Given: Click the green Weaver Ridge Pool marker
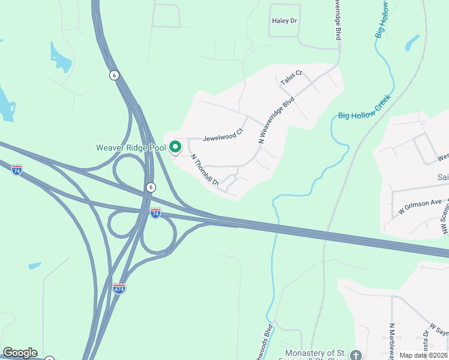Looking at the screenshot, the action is [x=175, y=146].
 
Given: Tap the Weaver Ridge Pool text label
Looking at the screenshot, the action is [x=131, y=148].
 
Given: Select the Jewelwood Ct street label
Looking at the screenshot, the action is [x=223, y=137].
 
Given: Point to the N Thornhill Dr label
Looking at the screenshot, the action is [x=205, y=170].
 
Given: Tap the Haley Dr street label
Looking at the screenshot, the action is [x=285, y=21].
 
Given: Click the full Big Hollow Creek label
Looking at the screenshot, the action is [x=364, y=106].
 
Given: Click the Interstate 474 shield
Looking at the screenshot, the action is [x=119, y=288].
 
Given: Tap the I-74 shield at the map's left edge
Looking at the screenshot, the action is [x=17, y=170].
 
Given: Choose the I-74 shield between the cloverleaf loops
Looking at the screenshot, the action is [x=155, y=212].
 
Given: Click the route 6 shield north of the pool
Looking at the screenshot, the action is [x=114, y=75].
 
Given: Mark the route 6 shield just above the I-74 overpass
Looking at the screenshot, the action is [x=150, y=188].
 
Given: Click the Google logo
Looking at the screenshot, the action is [x=20, y=353].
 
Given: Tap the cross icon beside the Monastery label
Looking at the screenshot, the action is [x=355, y=355].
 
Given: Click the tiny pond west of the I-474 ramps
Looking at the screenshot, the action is [x=35, y=265].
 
